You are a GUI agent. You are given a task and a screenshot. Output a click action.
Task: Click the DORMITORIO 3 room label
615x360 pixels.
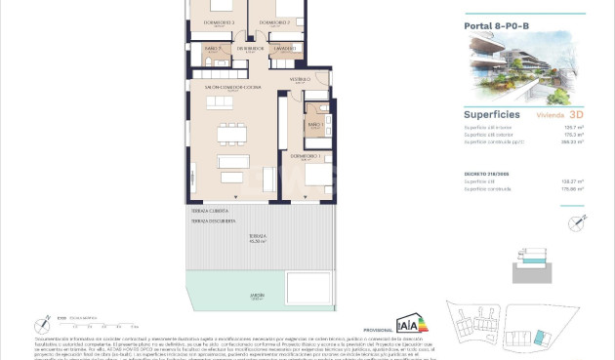(220, 21)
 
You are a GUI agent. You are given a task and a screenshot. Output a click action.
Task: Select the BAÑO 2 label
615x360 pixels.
(213, 47)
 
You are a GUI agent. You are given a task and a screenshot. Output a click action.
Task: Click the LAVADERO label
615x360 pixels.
(284, 47)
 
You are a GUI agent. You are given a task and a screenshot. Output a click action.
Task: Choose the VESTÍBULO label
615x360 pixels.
(300, 79)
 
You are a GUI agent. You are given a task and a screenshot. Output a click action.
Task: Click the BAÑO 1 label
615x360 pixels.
(314, 125)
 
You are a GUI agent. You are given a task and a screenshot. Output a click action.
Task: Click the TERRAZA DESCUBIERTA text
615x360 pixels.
(216, 220)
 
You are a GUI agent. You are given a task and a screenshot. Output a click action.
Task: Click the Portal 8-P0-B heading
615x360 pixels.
(496, 26)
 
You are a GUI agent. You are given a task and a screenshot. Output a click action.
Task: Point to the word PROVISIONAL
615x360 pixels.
(377, 330)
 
